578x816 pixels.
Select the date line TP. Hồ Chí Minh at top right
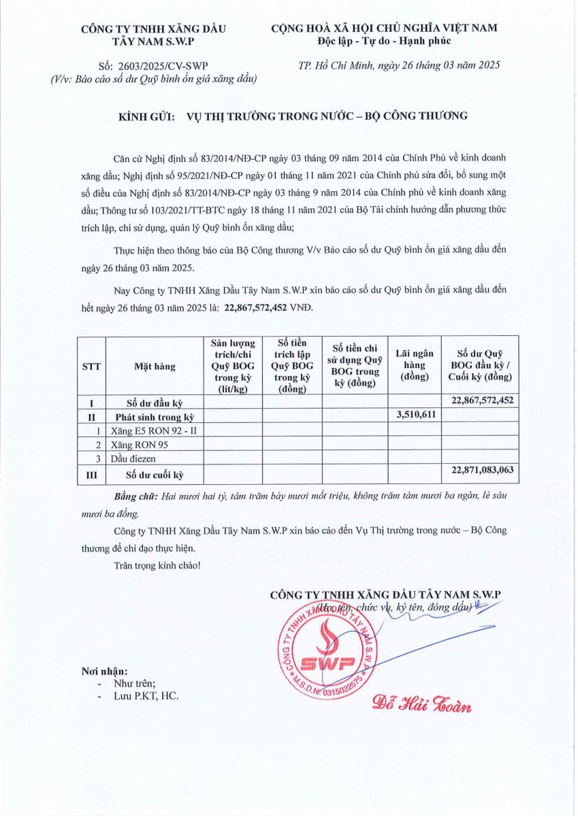click(399, 65)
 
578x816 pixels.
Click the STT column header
click(91, 366)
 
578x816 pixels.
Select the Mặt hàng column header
click(155, 366)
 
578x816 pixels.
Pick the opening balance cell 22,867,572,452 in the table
click(481, 401)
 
